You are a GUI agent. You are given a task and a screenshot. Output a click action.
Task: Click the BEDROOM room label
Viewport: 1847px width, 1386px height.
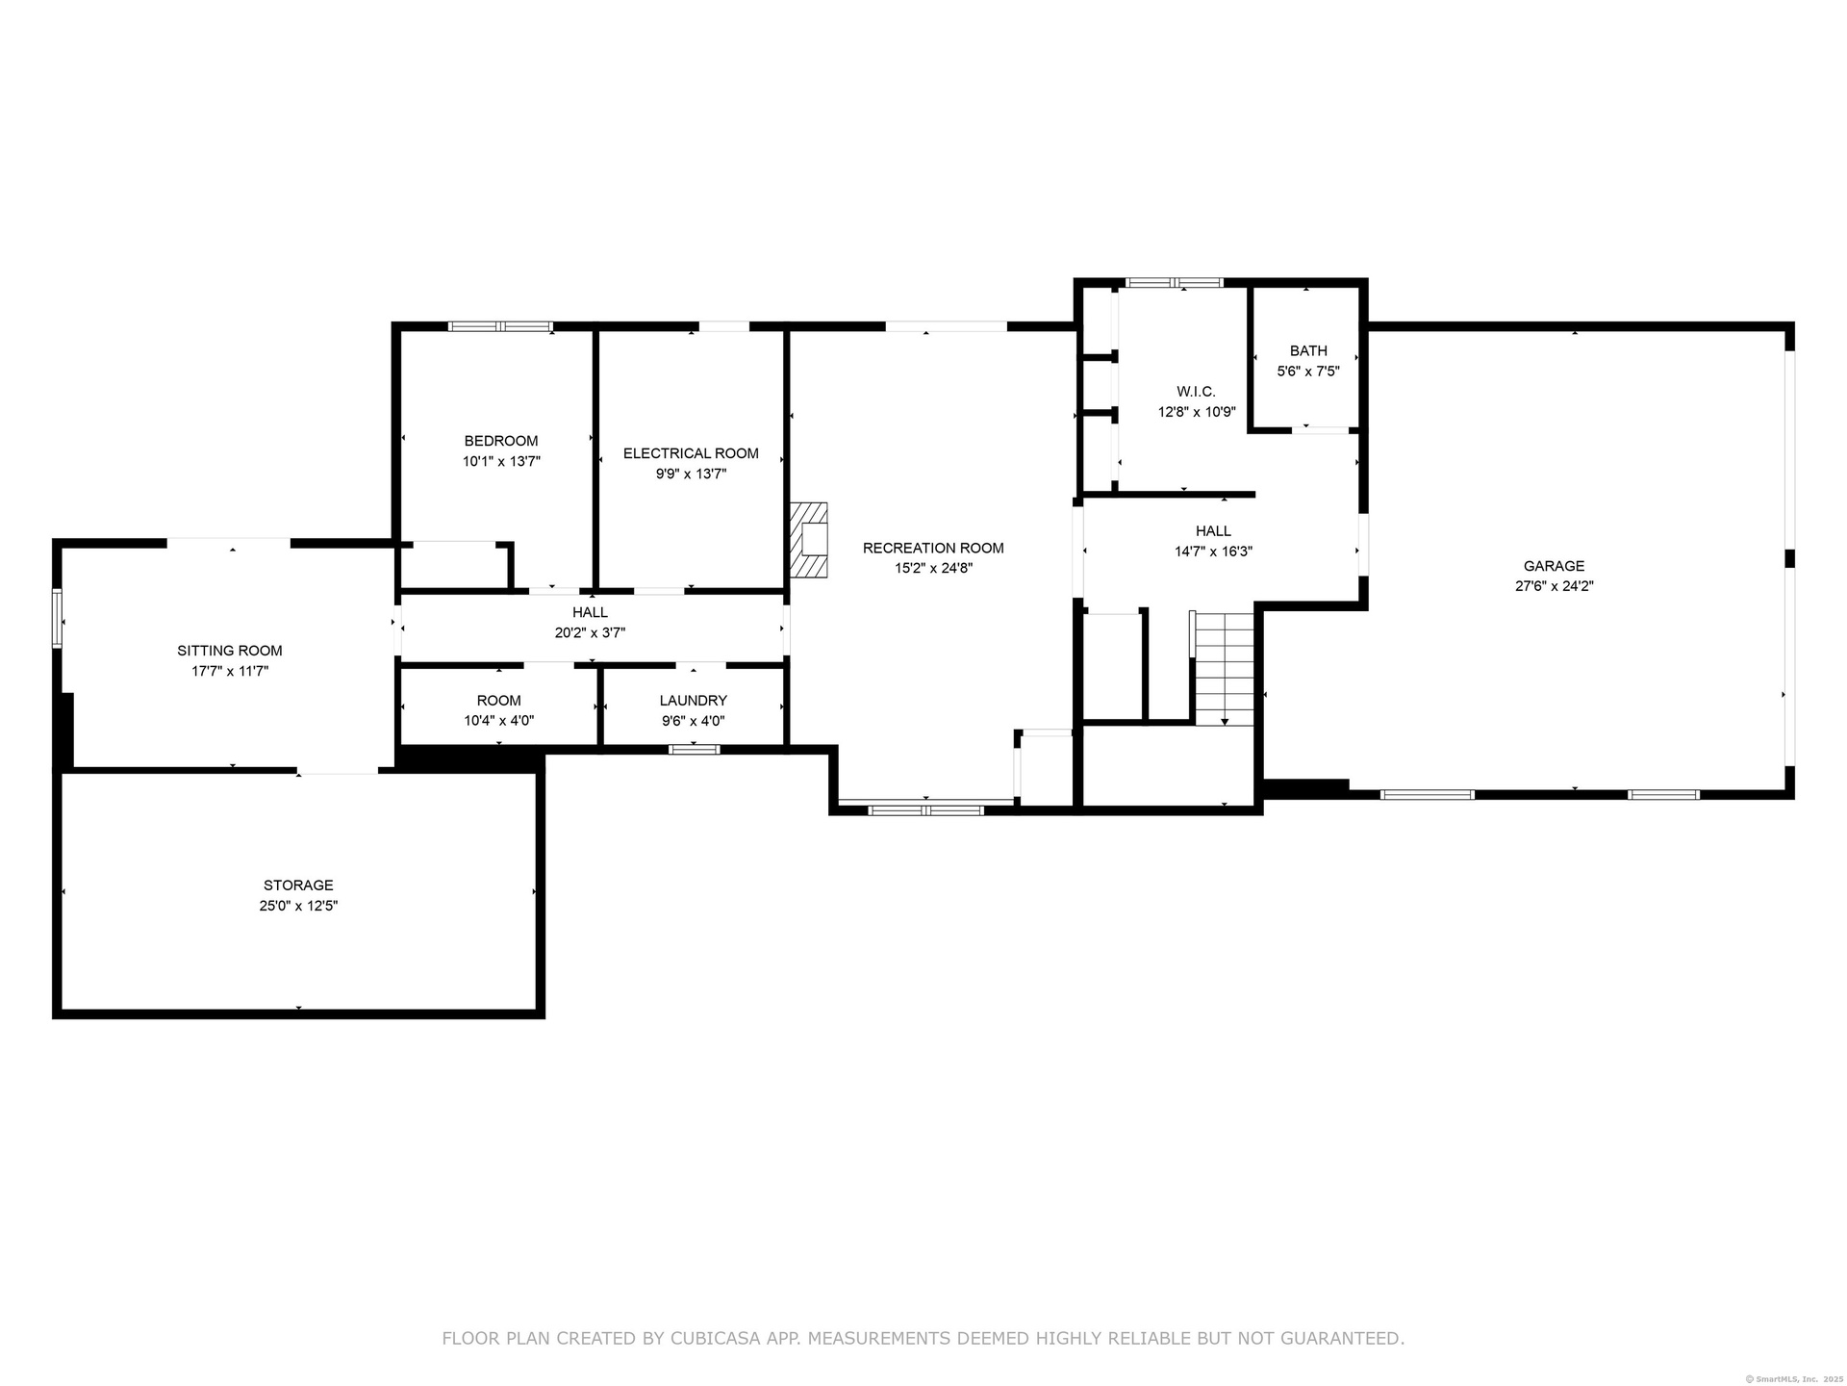click(501, 442)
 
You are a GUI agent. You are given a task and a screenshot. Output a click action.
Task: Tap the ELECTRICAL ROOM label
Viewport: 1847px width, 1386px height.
click(691, 453)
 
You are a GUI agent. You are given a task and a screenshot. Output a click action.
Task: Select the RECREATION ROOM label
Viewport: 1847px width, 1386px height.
click(933, 548)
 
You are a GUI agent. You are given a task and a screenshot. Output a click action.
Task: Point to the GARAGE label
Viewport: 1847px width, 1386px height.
click(1554, 566)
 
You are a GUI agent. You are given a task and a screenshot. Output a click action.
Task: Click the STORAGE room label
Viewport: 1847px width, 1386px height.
click(298, 885)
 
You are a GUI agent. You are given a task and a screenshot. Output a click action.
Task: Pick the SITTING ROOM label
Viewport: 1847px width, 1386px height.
click(230, 651)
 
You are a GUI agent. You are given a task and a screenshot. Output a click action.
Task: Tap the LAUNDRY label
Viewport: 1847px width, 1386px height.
click(693, 701)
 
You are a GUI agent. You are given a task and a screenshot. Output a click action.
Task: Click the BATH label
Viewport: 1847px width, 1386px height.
click(1308, 351)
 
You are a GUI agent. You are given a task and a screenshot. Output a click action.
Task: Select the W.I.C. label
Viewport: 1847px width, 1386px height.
click(1196, 392)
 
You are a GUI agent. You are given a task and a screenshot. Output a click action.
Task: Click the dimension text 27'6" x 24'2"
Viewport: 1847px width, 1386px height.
click(1554, 586)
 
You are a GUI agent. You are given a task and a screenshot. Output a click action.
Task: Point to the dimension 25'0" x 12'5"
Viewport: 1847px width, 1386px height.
click(298, 906)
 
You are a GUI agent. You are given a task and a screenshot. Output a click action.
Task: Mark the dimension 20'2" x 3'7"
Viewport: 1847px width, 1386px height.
click(590, 632)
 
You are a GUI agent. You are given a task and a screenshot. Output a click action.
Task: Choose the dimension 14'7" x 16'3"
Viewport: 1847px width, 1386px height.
click(1213, 552)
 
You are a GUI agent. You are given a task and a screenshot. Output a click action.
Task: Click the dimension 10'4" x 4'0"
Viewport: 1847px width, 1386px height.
click(498, 721)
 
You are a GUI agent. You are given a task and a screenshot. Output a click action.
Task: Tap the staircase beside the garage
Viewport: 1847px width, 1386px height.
click(1224, 668)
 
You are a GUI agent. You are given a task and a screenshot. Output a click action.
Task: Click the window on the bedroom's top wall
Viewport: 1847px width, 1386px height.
click(501, 326)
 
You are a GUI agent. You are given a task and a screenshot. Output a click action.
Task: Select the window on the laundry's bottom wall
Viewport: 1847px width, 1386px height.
click(694, 750)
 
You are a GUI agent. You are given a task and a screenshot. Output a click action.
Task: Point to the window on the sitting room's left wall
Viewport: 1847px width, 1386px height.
click(57, 619)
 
